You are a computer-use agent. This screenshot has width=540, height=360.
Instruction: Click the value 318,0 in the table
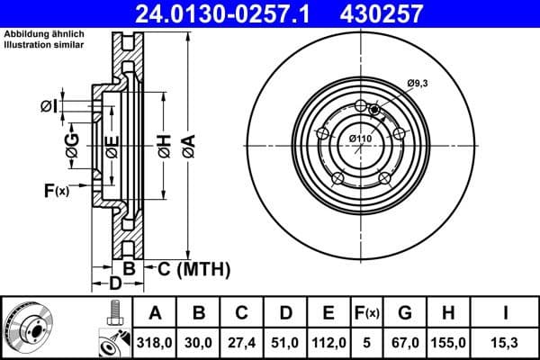point(156,342)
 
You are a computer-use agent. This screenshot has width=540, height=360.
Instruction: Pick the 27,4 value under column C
point(243,342)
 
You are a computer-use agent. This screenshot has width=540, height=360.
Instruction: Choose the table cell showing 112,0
point(328,342)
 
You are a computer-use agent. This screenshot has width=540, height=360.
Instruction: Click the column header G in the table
point(405,313)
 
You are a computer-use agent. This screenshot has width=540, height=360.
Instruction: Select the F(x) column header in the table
point(367,313)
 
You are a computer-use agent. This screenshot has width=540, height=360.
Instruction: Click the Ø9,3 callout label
point(417,84)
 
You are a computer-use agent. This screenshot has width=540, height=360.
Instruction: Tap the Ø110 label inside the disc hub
point(360,138)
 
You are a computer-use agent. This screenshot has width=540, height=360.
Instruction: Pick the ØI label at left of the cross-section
point(49,107)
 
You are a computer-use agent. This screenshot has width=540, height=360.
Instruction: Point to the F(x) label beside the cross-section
point(56,190)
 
